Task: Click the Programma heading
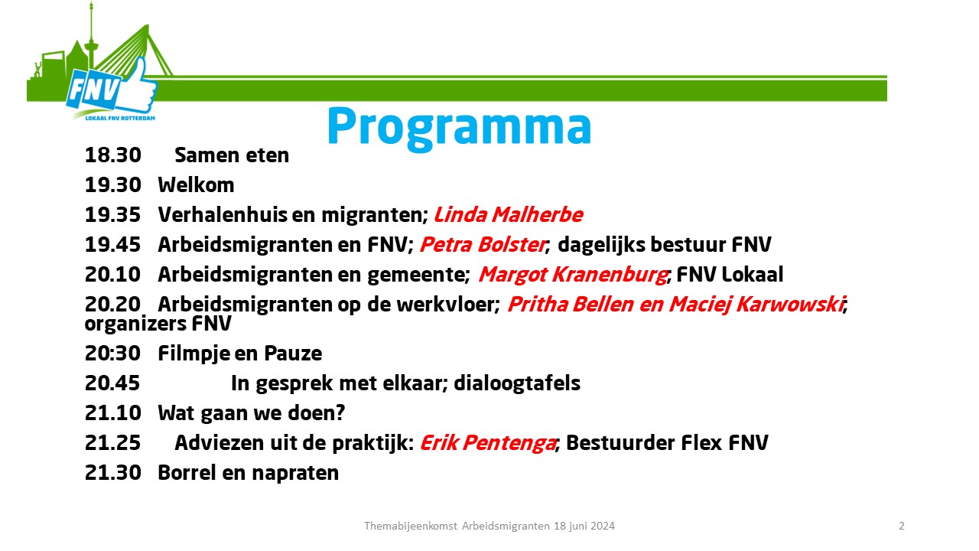click(459, 128)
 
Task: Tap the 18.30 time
click(112, 155)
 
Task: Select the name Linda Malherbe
click(509, 215)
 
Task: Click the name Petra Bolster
click(483, 244)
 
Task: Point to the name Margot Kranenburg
click(573, 275)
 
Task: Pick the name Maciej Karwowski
click(756, 305)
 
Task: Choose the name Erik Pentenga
click(488, 443)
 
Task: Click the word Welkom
click(196, 185)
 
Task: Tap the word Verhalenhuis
click(223, 215)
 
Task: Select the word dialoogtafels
click(517, 383)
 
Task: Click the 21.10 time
click(112, 412)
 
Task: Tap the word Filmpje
click(194, 354)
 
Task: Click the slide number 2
click(902, 526)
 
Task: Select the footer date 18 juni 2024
click(584, 526)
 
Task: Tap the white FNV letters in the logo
click(94, 90)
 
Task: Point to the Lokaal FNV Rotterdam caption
click(120, 118)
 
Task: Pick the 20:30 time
click(112, 354)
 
